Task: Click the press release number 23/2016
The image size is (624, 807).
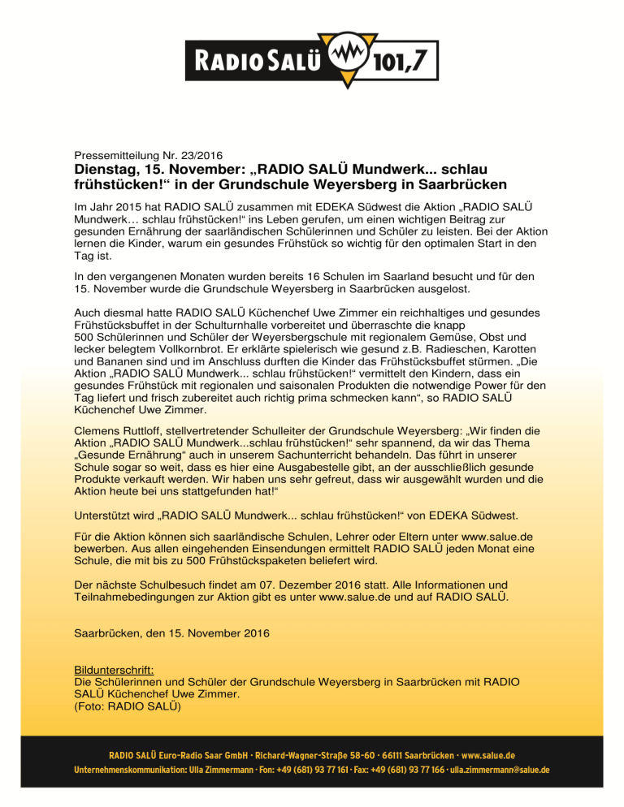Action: [x=196, y=154]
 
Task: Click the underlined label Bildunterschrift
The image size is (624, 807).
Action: [x=114, y=671]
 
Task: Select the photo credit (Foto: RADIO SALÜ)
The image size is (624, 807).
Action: [x=121, y=706]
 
